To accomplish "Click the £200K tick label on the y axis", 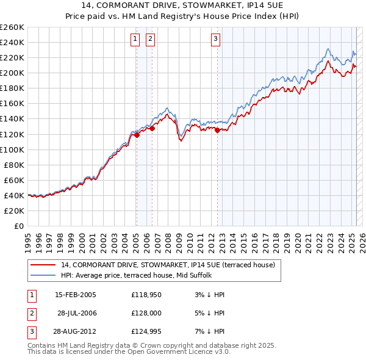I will tap(12, 73).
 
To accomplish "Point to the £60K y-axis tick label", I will tap(14, 180).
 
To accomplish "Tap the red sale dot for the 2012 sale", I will tap(218, 130).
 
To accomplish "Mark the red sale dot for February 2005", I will tap(137, 135).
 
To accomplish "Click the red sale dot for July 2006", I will tap(152, 128).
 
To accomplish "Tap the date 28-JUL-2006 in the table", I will tap(77, 313).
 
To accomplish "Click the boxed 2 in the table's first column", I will tap(30, 313).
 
